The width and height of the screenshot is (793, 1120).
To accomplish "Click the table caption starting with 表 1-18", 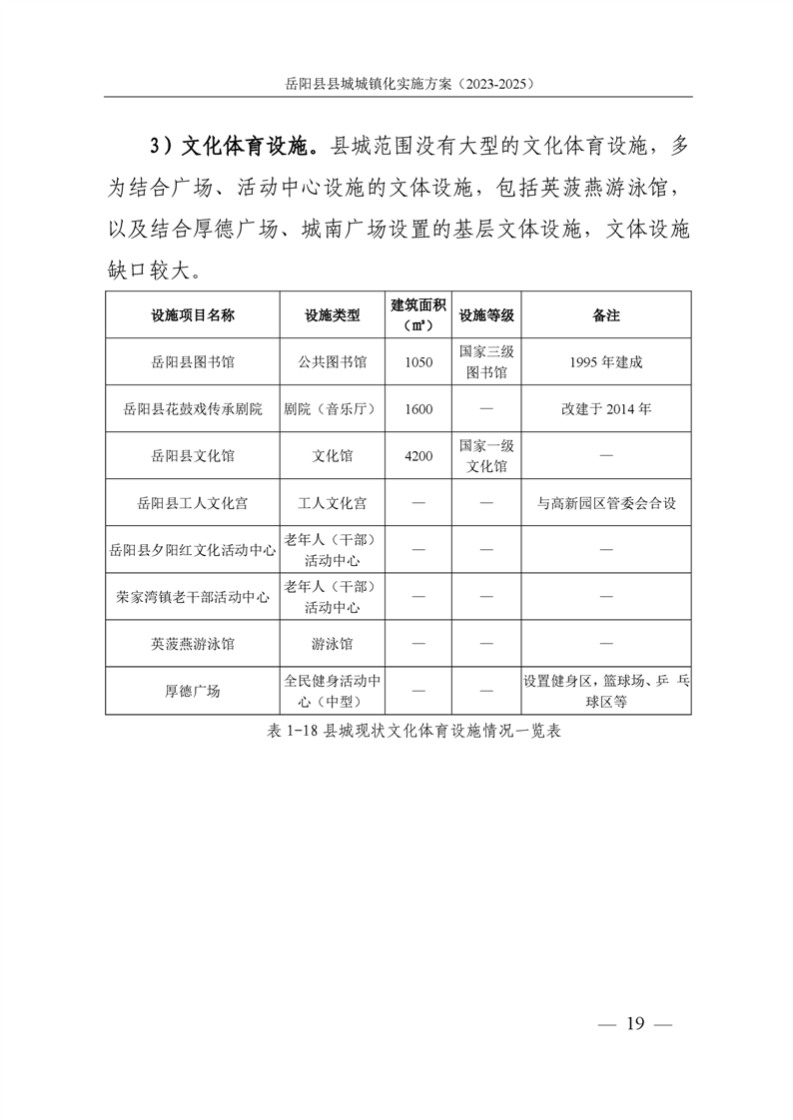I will click(x=396, y=731).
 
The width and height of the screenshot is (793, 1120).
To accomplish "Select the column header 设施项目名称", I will click(x=193, y=315).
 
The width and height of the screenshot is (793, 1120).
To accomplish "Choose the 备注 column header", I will click(x=606, y=315).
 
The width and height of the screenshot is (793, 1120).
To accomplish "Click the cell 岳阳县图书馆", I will click(x=193, y=362).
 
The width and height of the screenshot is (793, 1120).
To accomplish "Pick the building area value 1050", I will click(x=418, y=362).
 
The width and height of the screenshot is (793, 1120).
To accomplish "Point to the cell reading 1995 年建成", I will click(x=606, y=362).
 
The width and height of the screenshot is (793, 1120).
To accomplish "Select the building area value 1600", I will click(x=418, y=409).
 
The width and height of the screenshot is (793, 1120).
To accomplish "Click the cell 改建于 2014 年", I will click(x=606, y=409).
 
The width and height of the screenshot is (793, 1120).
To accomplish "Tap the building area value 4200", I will click(x=418, y=456).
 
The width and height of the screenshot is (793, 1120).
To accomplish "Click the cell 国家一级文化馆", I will click(x=486, y=456).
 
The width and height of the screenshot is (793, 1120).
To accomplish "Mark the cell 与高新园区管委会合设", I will click(x=606, y=503).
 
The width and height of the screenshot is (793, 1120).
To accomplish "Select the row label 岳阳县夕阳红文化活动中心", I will click(x=193, y=550).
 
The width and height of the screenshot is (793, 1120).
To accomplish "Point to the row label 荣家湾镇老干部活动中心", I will click(x=193, y=597).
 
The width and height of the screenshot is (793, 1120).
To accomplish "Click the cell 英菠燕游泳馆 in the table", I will click(x=193, y=644).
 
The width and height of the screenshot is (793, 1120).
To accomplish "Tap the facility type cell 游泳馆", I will click(x=333, y=644).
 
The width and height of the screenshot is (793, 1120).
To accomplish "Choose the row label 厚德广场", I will click(x=193, y=691).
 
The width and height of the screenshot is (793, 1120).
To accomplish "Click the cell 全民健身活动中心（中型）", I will click(x=333, y=691).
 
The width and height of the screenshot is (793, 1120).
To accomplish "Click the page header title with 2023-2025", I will click(x=397, y=85).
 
